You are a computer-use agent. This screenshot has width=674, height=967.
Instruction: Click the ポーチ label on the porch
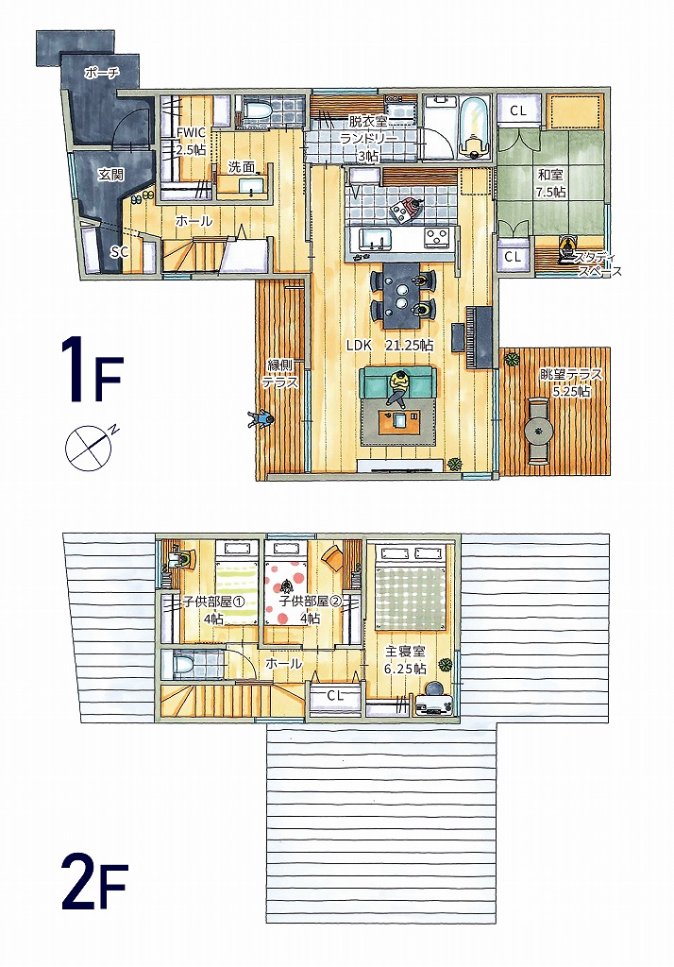click(102, 74)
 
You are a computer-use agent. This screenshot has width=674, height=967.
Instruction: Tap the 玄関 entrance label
click(111, 175)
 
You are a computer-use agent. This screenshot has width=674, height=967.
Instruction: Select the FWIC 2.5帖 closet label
click(191, 141)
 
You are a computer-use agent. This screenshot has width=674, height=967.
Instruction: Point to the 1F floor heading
click(92, 370)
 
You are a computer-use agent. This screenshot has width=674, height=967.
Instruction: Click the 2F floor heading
click(94, 886)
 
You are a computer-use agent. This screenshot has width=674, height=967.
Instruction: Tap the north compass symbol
click(91, 447)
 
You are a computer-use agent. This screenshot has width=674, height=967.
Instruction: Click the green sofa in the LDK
click(397, 382)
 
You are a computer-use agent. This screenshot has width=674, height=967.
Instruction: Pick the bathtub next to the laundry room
click(473, 127)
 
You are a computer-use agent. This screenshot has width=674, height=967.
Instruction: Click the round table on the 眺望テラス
click(539, 430)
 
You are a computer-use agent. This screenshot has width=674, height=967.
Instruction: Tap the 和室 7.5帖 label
click(550, 184)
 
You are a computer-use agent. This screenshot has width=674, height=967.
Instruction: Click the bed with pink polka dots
click(286, 583)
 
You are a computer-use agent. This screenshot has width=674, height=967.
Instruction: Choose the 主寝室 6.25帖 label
click(405, 659)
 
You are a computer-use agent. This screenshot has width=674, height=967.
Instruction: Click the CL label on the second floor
click(335, 695)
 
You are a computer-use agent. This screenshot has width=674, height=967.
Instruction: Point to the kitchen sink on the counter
click(375, 236)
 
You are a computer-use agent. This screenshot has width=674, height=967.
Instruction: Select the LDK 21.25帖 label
click(390, 346)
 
